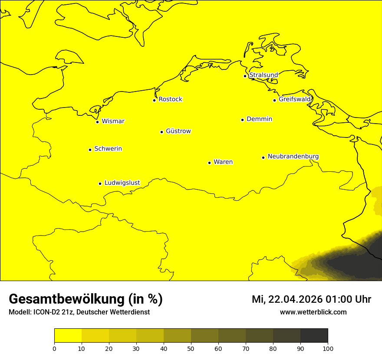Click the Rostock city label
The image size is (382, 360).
pyautogui.click(x=170, y=99)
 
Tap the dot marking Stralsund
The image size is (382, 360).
pyautogui.click(x=245, y=76)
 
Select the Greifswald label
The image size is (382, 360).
pyautogui.click(x=295, y=99)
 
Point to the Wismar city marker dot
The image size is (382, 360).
pyautogui.click(x=98, y=122)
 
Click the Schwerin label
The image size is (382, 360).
pyautogui.click(x=108, y=149)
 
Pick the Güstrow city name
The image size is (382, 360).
pyautogui.click(x=178, y=131)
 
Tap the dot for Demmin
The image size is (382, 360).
pyautogui.click(x=242, y=120)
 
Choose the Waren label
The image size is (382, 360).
pyautogui.click(x=223, y=162)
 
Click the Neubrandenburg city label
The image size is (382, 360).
pyautogui.click(x=293, y=156)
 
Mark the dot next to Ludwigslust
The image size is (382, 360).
pyautogui.click(x=100, y=183)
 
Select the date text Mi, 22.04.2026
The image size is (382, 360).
pyautogui.click(x=286, y=299)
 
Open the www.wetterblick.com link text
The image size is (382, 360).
pyautogui.click(x=313, y=312)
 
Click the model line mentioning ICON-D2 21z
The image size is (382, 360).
pyautogui.click(x=79, y=312)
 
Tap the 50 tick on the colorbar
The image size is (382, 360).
pyautogui.click(x=191, y=348)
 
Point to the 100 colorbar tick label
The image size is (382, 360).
pyautogui.click(x=328, y=348)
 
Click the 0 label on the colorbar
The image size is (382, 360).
pyautogui.click(x=54, y=348)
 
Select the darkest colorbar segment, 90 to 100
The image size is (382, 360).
pyautogui.click(x=314, y=336)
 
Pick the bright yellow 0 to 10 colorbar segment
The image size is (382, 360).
pyautogui.click(x=68, y=336)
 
